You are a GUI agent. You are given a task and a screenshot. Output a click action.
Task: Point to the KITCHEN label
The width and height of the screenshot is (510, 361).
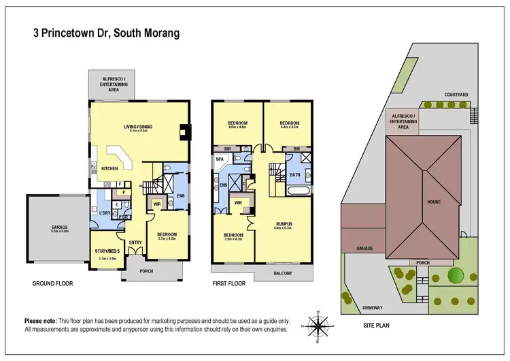tap(110, 167)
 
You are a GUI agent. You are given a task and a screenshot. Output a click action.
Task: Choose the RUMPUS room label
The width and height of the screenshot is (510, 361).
tap(285, 222)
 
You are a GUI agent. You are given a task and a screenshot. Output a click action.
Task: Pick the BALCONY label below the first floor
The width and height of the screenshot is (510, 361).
tap(284, 273)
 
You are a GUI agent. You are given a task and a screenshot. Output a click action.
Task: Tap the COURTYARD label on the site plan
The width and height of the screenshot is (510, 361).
tap(455, 95)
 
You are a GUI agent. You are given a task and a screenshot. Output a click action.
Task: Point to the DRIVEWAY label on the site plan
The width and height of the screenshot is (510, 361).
tap(372, 307)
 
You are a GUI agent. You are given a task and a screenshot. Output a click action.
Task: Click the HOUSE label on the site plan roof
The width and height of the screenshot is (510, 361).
tap(434, 202)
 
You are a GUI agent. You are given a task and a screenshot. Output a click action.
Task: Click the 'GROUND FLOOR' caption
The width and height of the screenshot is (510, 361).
tap(52, 283)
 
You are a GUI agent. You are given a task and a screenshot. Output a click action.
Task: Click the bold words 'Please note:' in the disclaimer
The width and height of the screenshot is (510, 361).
tap(42, 320)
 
